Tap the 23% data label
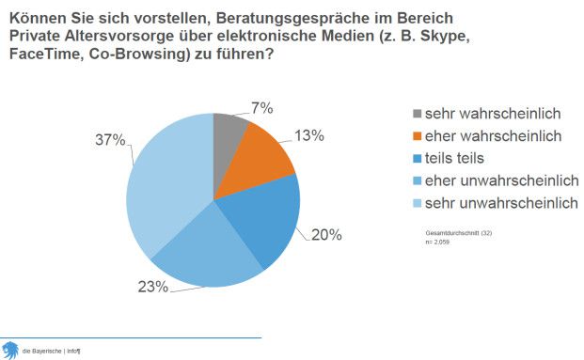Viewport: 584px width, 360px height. (x=151, y=286)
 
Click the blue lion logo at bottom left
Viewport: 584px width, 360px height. (x=9, y=350)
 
